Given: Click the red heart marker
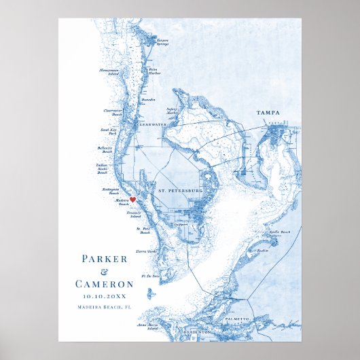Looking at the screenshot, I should coord(134,200).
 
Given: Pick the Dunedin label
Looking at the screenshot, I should coord(149,100).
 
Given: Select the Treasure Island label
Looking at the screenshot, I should coord(142,213).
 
